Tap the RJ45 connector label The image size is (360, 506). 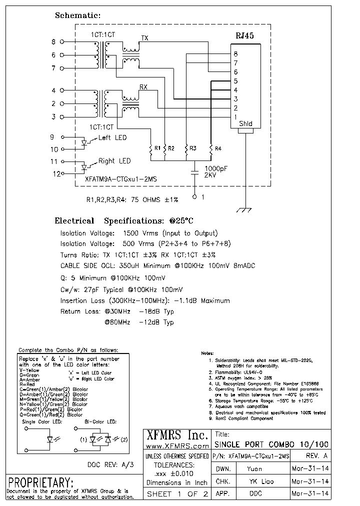pos(244,36)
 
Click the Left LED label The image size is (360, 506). pos(112,137)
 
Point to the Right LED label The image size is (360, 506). pos(114,161)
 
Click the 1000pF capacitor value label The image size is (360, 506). pos(216,169)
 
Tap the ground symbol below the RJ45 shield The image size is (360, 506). pos(244,211)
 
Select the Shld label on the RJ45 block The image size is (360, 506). pos(245,124)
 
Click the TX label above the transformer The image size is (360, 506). pos(144,38)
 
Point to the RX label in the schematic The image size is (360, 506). pos(143,87)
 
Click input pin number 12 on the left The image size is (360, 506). pos(57,174)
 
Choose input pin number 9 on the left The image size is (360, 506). pos(52,137)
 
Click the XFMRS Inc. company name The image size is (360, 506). pos(176,434)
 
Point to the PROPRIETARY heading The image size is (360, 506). pos(41,483)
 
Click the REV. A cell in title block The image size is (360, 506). pos(316,456)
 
